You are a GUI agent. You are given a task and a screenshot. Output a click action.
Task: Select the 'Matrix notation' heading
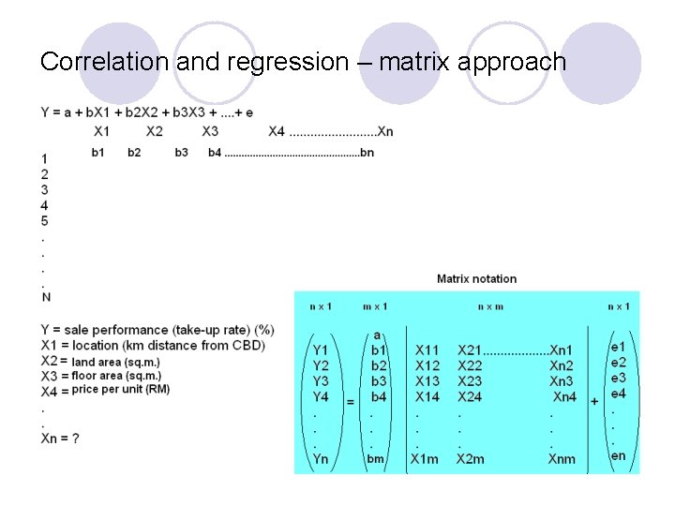click(476, 278)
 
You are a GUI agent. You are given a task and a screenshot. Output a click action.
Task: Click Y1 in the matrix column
click(321, 350)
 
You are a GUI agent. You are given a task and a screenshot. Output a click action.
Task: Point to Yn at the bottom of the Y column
click(321, 459)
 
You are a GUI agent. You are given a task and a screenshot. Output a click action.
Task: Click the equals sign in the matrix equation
click(350, 401)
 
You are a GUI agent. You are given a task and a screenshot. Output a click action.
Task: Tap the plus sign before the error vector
click(594, 401)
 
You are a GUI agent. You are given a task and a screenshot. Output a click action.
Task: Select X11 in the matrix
click(427, 350)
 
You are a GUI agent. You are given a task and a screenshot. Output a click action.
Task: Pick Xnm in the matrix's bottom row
click(562, 459)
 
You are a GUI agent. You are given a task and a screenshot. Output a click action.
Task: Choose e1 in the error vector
click(619, 347)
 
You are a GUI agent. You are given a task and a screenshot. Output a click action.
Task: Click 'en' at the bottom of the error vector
click(619, 456)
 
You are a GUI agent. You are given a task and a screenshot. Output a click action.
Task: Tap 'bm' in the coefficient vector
click(376, 459)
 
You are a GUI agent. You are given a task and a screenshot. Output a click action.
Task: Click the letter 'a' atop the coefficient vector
click(377, 335)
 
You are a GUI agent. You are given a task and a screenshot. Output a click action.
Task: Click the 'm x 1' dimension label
click(375, 306)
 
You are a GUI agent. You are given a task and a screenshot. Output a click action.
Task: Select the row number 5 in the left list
click(45, 220)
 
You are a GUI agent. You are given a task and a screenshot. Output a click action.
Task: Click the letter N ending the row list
click(46, 297)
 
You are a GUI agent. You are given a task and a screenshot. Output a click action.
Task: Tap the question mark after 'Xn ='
click(75, 439)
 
